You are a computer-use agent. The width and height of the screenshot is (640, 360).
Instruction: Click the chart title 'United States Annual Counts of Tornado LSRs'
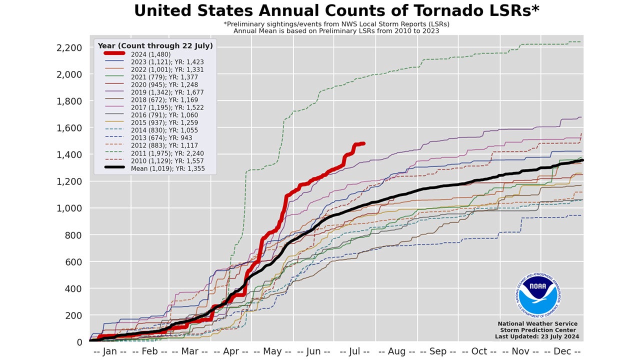[x=336, y=11]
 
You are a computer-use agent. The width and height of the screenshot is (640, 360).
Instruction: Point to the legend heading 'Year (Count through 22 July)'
[x=155, y=46]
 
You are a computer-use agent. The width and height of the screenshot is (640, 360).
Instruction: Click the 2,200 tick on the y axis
[x=69, y=47]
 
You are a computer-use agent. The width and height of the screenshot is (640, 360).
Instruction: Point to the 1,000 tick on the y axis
[x=69, y=208]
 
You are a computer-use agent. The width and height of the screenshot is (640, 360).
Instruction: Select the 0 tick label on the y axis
[x=79, y=342]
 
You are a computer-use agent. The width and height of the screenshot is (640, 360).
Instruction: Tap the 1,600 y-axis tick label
[x=69, y=128]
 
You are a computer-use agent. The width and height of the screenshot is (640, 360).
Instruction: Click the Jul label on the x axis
[x=356, y=351]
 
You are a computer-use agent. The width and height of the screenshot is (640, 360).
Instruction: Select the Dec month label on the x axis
[x=562, y=351]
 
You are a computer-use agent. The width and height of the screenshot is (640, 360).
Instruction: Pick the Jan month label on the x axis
[x=109, y=351]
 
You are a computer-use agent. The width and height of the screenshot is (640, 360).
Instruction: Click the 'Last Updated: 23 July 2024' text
[x=537, y=336]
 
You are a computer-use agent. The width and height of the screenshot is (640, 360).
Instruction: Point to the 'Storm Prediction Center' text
[x=537, y=330]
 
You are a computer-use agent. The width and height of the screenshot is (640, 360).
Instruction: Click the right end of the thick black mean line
[x=582, y=160]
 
